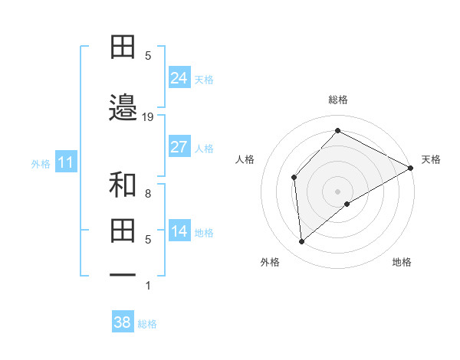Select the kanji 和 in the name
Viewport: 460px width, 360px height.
[123, 185]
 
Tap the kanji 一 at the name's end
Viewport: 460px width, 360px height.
[123, 274]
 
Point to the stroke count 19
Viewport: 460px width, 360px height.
[149, 116]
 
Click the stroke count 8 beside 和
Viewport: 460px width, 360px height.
[148, 194]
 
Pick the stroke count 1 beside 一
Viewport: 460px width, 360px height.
[148, 286]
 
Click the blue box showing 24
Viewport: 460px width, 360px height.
[179, 77]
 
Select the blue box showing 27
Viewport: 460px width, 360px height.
[179, 147]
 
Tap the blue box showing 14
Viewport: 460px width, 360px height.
[179, 231]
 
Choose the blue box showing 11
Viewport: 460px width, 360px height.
[65, 162]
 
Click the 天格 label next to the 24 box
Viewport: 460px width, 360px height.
[204, 80]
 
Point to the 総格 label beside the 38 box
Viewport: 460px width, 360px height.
[147, 324]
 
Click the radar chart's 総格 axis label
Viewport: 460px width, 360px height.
[337, 100]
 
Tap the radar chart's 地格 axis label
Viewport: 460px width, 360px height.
[402, 262]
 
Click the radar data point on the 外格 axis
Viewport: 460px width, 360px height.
[302, 242]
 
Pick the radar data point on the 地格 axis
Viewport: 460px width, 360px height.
[347, 204]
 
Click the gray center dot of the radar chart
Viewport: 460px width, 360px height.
[337, 191]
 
